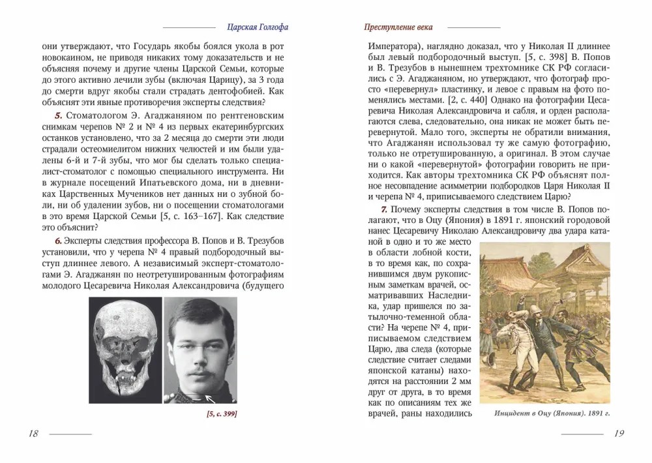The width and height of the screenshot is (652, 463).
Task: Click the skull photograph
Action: click(125, 352)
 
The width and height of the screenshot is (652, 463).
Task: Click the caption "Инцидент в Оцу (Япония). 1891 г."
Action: click(545, 414)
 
